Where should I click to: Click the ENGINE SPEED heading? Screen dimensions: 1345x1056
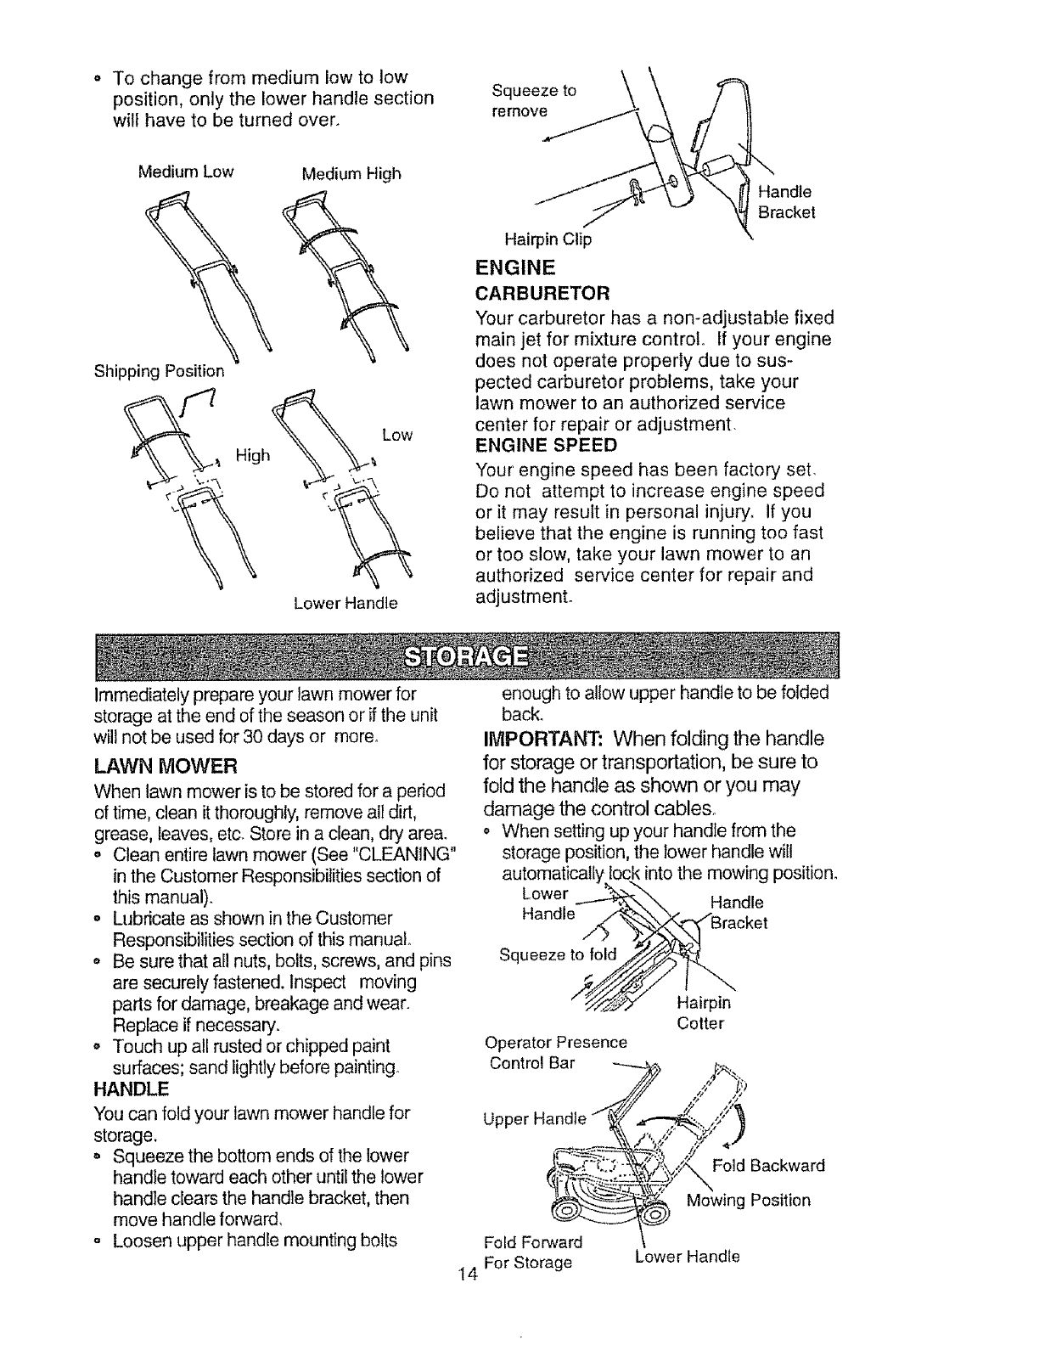[546, 446]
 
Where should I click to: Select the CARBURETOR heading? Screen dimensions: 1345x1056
[543, 294]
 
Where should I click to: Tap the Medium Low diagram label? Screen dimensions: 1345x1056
[185, 172]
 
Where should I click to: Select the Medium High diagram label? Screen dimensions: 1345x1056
[351, 174]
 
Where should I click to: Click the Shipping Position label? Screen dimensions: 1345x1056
[159, 371]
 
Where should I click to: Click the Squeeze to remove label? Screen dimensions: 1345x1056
[533, 100]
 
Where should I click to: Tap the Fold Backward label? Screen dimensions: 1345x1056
[768, 1165]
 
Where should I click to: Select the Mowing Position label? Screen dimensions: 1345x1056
[748, 1200]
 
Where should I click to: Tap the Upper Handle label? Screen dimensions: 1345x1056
[533, 1118]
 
